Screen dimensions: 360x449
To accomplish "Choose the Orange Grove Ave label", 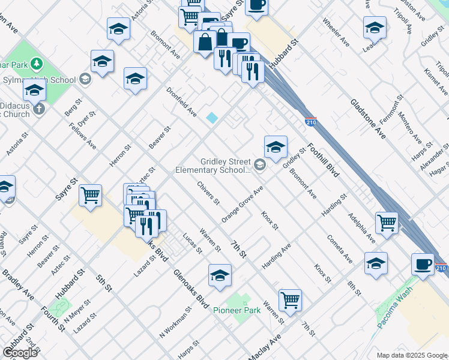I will [x=243, y=205].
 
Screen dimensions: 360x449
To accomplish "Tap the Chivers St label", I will [x=208, y=191].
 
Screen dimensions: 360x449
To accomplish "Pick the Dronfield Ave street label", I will [x=181, y=101].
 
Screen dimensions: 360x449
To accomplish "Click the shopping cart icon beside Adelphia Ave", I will [x=387, y=222].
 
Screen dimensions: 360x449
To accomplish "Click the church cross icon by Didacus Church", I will [x=39, y=109].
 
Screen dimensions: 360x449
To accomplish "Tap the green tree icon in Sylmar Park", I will [x=37, y=63].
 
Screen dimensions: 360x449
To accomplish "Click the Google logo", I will [x=20, y=353].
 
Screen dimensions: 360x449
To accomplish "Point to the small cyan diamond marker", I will [x=212, y=118].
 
